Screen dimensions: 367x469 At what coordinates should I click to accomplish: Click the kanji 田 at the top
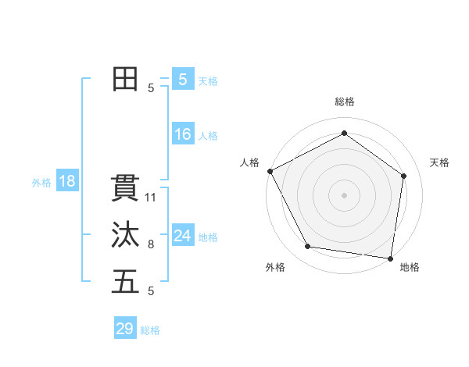coord(125,80)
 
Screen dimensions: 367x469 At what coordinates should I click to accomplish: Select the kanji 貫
coord(125,189)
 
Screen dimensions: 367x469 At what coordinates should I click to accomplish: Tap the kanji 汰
coord(125,236)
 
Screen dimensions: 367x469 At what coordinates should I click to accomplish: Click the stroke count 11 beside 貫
coord(151,198)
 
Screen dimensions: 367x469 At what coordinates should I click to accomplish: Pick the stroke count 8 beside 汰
coord(151,244)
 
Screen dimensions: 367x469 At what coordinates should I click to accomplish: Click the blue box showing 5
coord(182,80)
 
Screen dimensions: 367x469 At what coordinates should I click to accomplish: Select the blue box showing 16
coord(182,135)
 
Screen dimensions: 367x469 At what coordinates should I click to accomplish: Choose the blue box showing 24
coord(182,236)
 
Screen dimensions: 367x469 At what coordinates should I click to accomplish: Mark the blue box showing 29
coord(124,329)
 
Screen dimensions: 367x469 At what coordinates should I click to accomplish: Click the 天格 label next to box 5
coord(208,81)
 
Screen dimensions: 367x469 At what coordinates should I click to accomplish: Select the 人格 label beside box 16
coord(208,136)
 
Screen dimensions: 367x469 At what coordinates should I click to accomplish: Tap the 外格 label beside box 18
coord(41,183)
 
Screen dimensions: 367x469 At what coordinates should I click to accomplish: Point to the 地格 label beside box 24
coord(208,237)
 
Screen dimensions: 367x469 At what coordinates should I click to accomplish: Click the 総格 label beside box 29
coord(150,330)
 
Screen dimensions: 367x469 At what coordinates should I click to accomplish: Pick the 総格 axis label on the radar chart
coord(345,102)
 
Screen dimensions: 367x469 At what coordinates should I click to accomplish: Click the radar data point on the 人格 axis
coord(270,171)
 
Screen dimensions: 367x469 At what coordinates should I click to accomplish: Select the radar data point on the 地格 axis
coord(390,257)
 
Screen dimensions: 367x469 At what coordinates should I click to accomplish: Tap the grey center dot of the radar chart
coord(345,194)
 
